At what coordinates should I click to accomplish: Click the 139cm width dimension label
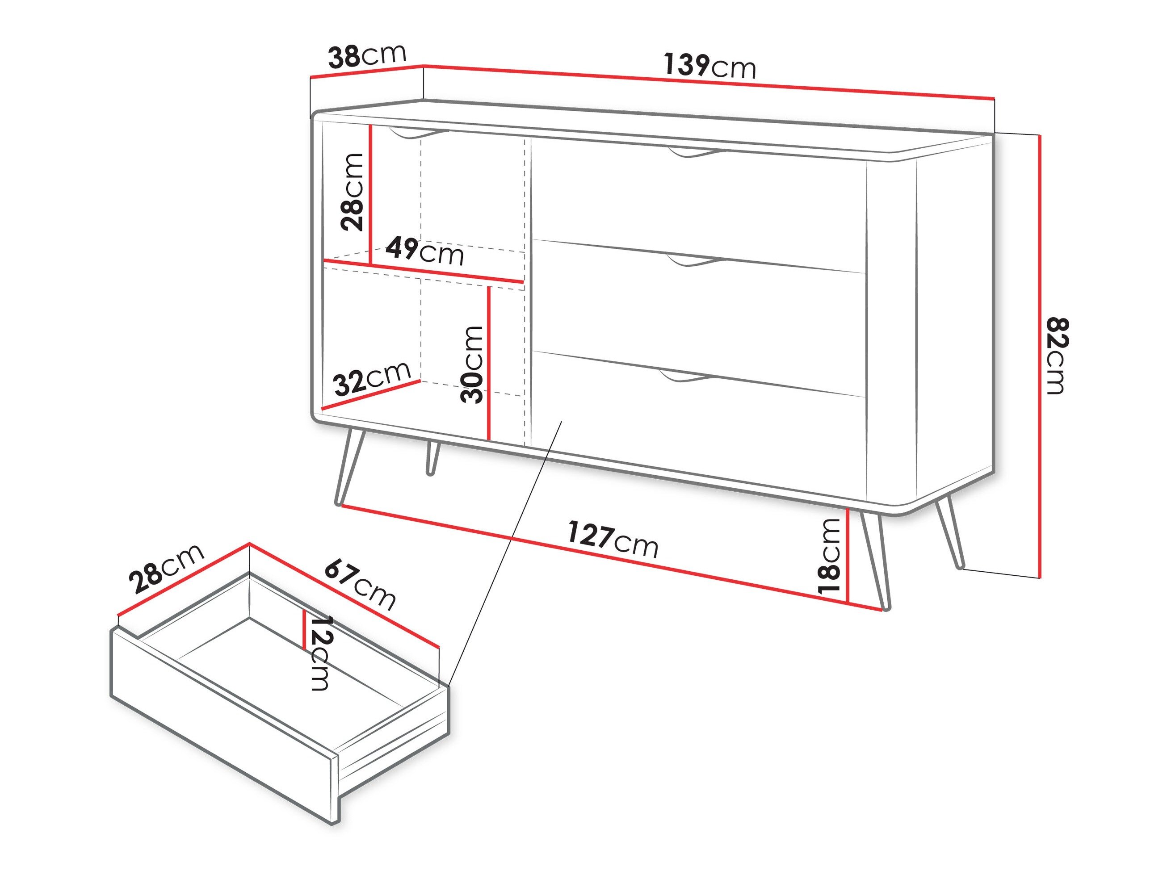(709, 65)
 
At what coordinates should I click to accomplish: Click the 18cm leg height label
(829, 557)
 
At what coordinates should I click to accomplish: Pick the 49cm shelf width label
(425, 251)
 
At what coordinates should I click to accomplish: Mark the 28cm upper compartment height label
(353, 193)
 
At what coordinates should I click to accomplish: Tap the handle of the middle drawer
(695, 262)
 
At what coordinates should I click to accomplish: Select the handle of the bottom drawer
(686, 376)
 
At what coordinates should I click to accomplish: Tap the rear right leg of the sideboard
(949, 533)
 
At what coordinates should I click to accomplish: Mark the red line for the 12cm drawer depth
(304, 630)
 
